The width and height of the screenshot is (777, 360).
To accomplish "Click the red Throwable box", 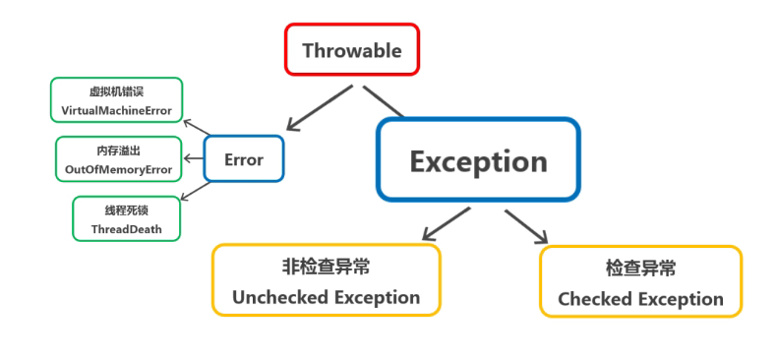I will pos(352,49).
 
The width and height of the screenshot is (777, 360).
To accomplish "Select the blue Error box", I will pos(244,158).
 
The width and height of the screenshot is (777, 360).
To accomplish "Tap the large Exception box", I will pos(478,160).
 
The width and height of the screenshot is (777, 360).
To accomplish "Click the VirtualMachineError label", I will pos(116,111).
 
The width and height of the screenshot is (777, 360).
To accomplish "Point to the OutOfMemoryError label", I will pos(118,170).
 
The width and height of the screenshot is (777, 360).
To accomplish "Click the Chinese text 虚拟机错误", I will pos(116,92).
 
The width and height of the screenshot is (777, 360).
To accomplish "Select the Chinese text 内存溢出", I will pos(118,151).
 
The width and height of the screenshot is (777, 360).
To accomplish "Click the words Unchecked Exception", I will pos(326,297).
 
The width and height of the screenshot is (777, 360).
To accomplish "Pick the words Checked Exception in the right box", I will pos(640,299).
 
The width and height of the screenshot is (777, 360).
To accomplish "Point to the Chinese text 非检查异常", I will pos(326,267).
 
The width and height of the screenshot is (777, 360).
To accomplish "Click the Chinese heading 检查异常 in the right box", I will pos(640,269).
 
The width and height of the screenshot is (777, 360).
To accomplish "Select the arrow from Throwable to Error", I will pos(318,108).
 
